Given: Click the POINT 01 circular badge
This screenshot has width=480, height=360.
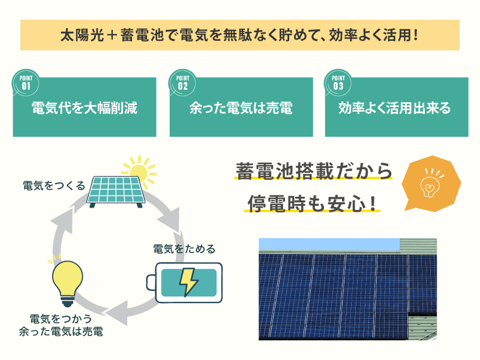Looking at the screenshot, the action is pos(26,83).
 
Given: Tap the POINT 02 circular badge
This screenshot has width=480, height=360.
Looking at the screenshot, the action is pos(182,83).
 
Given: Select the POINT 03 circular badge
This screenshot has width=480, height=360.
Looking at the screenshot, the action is pos(338,83).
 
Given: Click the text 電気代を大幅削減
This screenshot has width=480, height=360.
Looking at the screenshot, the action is pos(85,108).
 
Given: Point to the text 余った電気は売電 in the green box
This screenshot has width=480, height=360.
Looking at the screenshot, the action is pos(241,108).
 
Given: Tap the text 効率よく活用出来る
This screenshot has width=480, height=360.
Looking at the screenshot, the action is pos(395,108).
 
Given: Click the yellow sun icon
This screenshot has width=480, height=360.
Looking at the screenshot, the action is pos(139,172).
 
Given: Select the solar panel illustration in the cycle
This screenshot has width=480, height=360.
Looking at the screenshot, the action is pos(116,191).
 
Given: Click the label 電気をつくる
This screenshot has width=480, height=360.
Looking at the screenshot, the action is pos(54,186).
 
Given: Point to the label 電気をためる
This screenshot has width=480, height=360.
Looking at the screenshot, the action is pos(184,249).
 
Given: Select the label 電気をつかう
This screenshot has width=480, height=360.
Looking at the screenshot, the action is pos(61,319).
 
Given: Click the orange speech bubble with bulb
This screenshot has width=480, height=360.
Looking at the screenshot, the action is pos(431,184).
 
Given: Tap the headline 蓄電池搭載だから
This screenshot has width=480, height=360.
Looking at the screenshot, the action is pos(314,171).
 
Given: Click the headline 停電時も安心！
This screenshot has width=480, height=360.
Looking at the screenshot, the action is pos(311,203).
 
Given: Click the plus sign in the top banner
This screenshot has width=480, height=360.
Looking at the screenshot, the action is pos(112,35).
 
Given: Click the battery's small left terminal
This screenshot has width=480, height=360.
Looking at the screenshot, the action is pos(151,282).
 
